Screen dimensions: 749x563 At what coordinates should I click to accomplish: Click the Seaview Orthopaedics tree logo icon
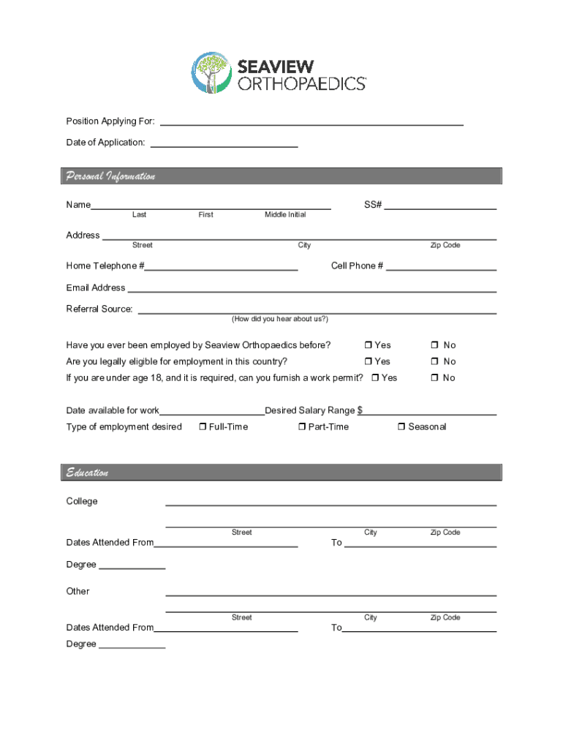pyautogui.click(x=211, y=72)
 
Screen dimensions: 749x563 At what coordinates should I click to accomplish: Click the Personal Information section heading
pyautogui.click(x=110, y=176)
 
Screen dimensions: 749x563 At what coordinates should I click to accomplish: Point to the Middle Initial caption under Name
pyautogui.click(x=285, y=215)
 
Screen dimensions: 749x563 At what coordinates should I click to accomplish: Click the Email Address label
pyautogui.click(x=96, y=287)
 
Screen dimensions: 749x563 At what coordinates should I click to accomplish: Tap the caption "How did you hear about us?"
pyautogui.click(x=280, y=319)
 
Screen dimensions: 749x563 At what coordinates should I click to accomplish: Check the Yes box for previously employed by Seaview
pyautogui.click(x=369, y=345)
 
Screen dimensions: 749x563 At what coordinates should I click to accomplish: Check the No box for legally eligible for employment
pyautogui.click(x=434, y=361)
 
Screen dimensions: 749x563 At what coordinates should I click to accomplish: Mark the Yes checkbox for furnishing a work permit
pyautogui.click(x=375, y=377)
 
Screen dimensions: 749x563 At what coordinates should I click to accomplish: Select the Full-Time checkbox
pyautogui.click(x=203, y=427)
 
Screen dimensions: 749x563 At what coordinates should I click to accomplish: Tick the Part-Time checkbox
pyautogui.click(x=301, y=427)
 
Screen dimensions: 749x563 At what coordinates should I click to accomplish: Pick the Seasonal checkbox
pyautogui.click(x=401, y=427)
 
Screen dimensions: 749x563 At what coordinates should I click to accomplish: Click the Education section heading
pyautogui.click(x=88, y=473)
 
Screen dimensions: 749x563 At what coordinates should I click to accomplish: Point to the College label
pyautogui.click(x=82, y=502)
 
